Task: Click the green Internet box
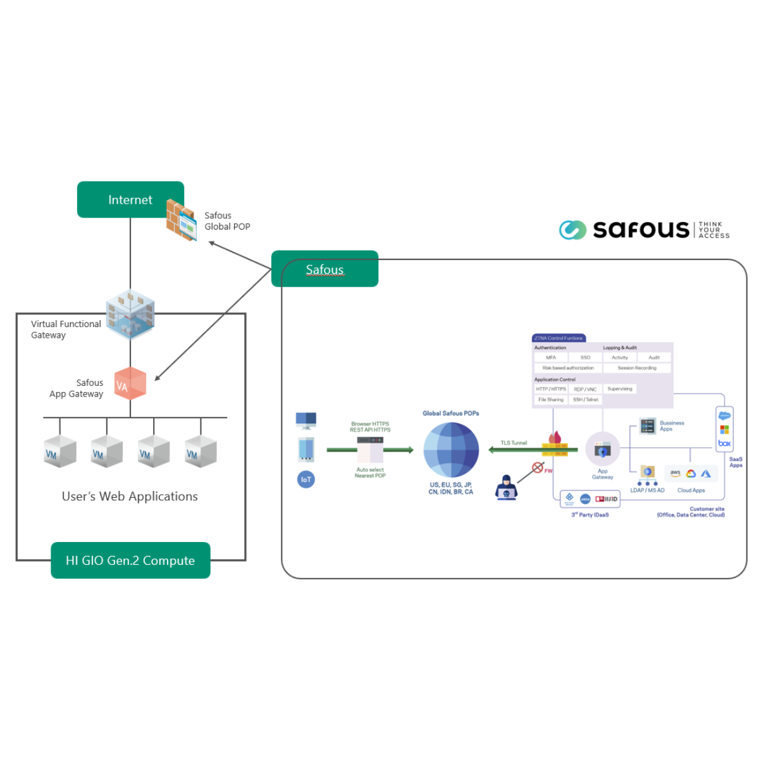click(x=130, y=200)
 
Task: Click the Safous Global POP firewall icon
click(x=181, y=220)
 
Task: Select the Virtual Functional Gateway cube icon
click(x=130, y=314)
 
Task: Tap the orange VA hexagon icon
click(x=130, y=383)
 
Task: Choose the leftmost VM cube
click(x=60, y=452)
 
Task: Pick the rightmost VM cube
click(x=201, y=452)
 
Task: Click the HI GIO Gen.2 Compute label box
click(x=130, y=560)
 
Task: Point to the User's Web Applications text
click(x=130, y=497)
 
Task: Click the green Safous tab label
click(x=324, y=269)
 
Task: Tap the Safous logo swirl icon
click(x=572, y=230)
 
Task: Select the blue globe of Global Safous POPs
click(x=451, y=450)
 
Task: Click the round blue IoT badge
click(x=306, y=479)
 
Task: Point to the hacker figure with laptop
click(x=506, y=488)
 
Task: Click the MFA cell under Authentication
click(x=551, y=358)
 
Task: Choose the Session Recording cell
click(x=637, y=368)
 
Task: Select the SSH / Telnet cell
click(x=586, y=400)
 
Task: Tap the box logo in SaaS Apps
click(x=724, y=443)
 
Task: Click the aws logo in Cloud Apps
click(x=676, y=473)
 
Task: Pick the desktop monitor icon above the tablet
click(x=306, y=420)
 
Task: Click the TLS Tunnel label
click(x=514, y=443)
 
